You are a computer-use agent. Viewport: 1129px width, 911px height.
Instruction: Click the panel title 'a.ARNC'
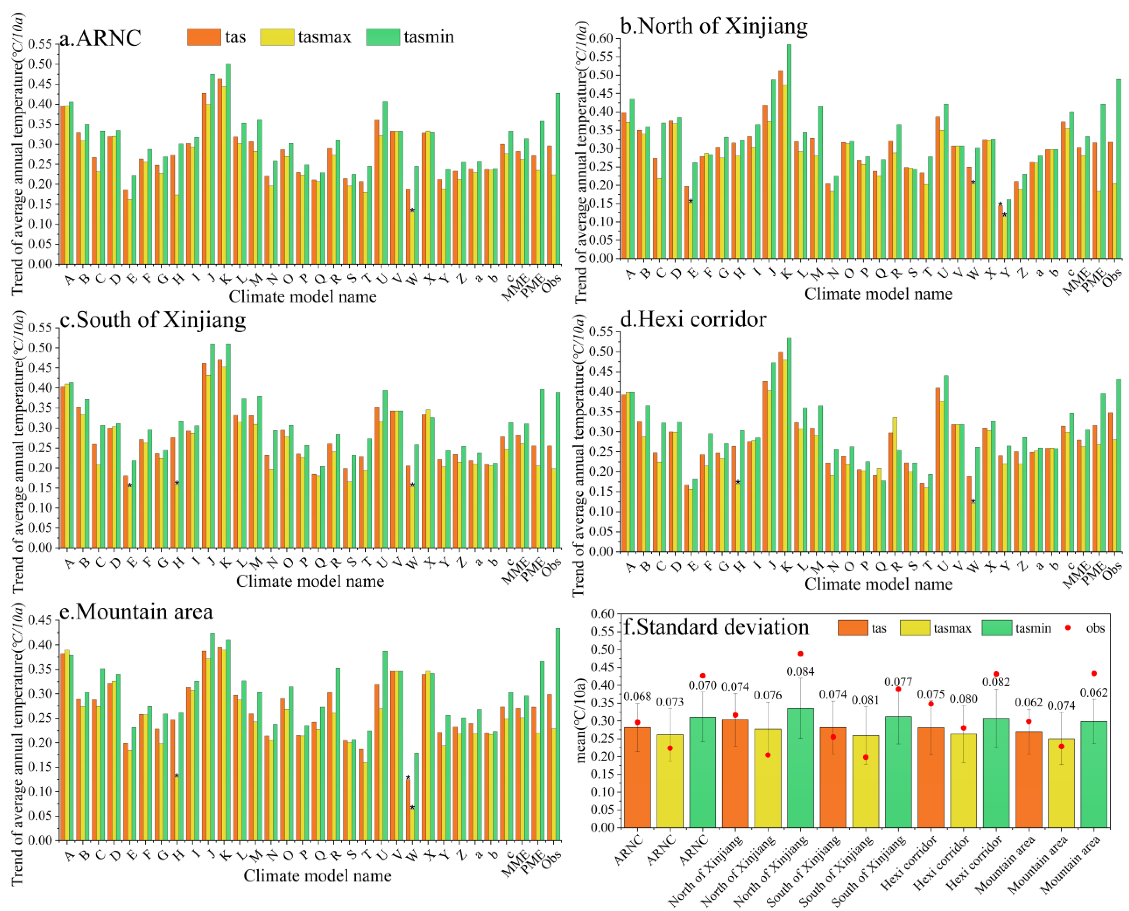(100, 38)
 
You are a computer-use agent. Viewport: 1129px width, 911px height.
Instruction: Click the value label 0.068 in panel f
(637, 697)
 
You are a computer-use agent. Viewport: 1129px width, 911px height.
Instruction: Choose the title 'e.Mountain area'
(136, 611)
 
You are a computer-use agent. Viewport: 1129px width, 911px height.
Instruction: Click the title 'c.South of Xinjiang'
(152, 320)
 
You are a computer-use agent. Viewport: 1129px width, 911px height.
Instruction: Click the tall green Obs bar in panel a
(558, 178)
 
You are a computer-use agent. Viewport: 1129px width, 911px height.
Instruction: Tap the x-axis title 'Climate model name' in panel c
(310, 582)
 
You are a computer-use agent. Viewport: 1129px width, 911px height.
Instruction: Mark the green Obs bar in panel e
(558, 734)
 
